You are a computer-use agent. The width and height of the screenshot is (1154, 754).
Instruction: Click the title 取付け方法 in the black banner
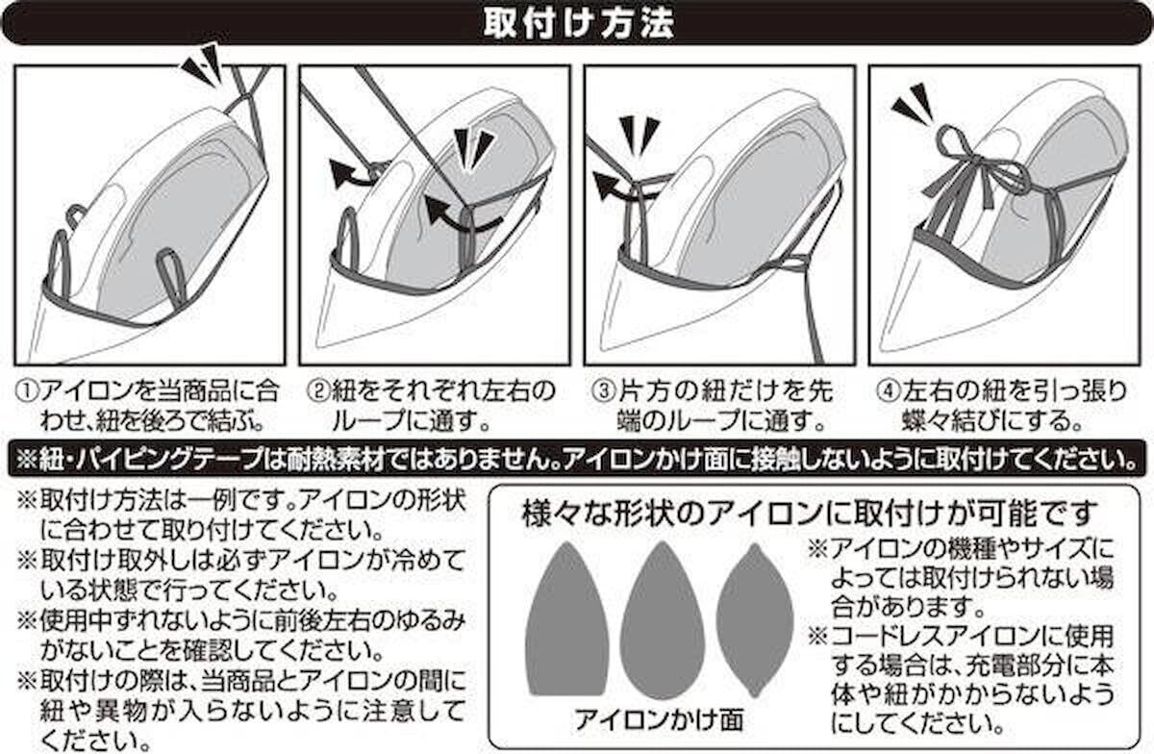point(579,23)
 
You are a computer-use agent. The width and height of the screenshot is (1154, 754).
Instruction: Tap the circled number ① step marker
point(27,391)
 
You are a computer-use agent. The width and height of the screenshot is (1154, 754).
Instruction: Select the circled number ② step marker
point(317,391)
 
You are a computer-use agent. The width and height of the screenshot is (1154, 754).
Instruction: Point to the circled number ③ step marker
point(603,391)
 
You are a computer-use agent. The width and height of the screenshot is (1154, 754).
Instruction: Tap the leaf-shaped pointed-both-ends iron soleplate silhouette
point(755,620)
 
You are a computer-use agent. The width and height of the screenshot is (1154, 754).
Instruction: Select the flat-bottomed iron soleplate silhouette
point(566,618)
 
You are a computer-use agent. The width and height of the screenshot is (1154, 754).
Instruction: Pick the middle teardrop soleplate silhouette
point(662,620)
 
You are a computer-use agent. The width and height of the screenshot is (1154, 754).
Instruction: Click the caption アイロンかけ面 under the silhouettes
point(659,719)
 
